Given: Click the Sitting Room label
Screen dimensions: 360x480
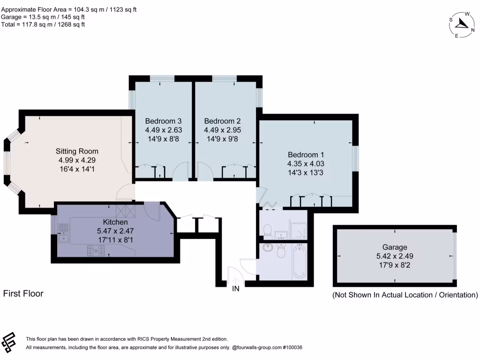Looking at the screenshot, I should coord(77,151).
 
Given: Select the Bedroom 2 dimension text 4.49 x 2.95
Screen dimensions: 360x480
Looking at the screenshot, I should coord(223,131).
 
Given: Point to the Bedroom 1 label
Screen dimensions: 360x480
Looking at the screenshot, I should coord(306,155).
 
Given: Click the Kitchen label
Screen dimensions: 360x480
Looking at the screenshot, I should coord(115,222).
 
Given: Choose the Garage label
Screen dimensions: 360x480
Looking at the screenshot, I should coord(394,247).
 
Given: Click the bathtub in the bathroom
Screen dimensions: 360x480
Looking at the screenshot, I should coord(300,261).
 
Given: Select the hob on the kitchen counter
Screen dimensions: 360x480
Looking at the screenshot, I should coord(95,251).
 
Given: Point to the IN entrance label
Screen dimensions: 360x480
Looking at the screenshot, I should coord(236,289).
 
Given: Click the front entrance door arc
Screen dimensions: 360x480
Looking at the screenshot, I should coord(234,274).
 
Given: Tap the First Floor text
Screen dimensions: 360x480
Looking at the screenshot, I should coord(23,293).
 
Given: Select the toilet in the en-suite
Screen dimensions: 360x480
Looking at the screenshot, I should coord(268,230).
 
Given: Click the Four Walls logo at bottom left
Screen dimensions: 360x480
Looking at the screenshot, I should coord(9,342).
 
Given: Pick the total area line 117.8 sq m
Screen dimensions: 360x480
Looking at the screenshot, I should coord(43,24).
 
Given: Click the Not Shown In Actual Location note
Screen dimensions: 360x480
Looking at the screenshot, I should coord(405,295).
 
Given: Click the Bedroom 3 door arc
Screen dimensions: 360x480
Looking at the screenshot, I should coord(180,173).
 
